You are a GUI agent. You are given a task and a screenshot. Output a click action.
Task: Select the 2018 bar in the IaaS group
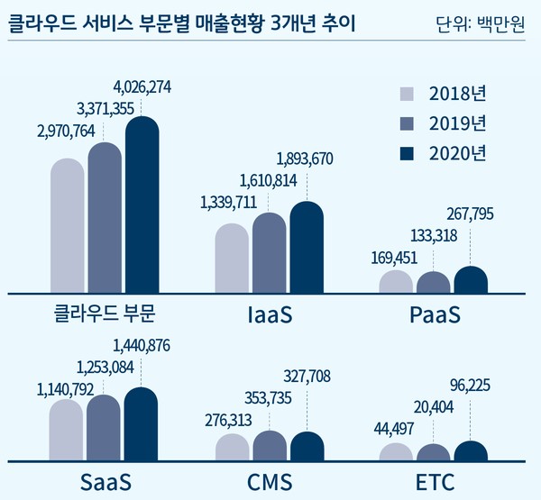pos(232,259)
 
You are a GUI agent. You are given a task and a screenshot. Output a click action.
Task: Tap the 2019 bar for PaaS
pos(433,283)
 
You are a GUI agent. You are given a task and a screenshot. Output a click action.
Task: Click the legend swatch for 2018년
pos(407,93)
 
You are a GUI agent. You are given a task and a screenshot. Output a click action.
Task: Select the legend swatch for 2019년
pos(407,123)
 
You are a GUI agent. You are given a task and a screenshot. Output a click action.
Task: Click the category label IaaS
pos(270,315)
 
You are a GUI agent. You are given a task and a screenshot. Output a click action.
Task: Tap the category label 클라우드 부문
pos(105,315)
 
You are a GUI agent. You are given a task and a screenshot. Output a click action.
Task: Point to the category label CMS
pos(270,482)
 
